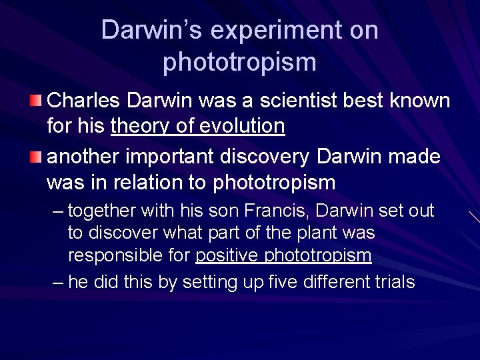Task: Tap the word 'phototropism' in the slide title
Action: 239,62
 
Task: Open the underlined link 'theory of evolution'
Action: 198,125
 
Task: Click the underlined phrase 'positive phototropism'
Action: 283,255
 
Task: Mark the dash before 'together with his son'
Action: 58,212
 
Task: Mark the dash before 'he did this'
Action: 58,283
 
